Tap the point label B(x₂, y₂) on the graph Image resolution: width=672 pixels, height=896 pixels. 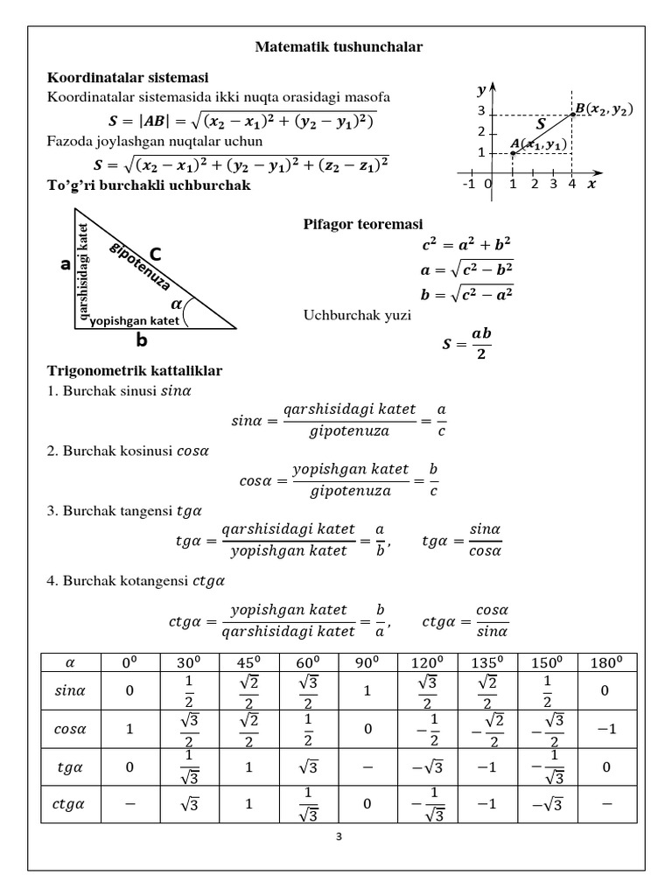point(605,109)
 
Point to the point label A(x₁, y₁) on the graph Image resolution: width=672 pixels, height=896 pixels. point(537,143)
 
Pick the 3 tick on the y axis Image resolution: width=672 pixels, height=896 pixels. point(480,111)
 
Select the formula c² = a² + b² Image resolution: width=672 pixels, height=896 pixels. point(465,244)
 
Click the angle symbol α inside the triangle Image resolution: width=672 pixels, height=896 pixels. point(178,304)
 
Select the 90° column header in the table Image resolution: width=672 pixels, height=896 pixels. point(367,662)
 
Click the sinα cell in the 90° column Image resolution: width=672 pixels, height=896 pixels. point(367,690)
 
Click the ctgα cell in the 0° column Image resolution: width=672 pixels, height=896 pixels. point(130,805)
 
